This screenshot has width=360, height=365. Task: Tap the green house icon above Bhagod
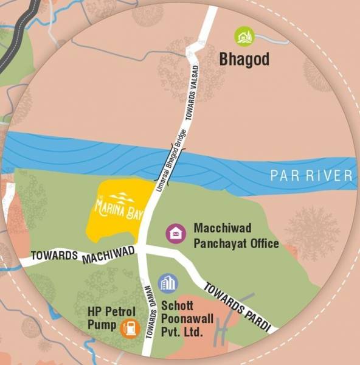tap(244, 36)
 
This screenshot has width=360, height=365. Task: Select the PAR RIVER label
tap(312, 176)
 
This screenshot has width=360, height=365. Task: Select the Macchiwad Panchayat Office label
tap(236, 236)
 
